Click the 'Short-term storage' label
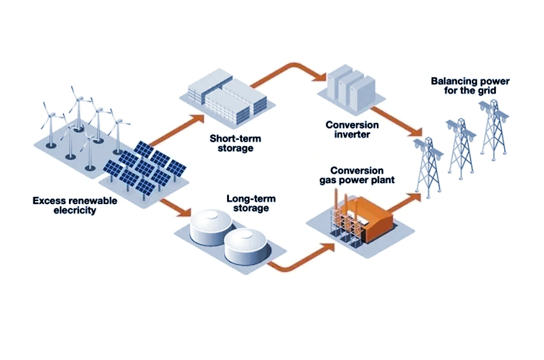point(235,143)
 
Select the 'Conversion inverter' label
point(352,130)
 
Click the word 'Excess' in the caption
point(48,201)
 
